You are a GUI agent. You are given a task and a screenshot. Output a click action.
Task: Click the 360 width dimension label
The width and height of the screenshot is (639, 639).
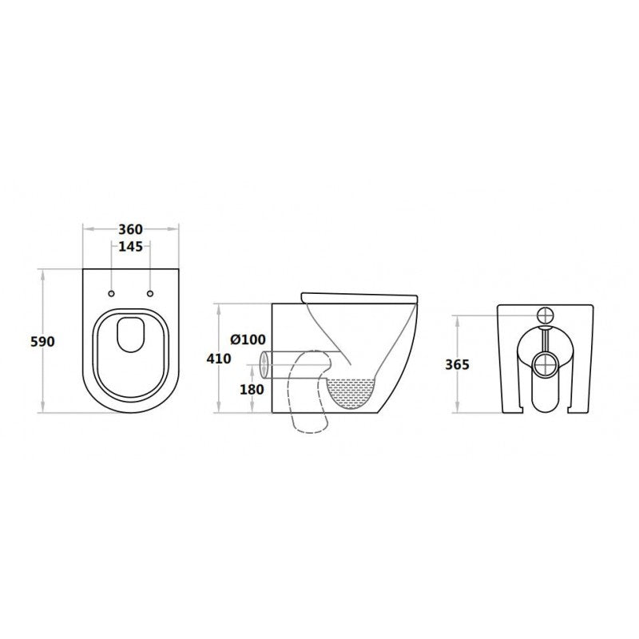coord(131,228)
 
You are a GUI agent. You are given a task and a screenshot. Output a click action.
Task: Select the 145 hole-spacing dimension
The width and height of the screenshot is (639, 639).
coord(130,247)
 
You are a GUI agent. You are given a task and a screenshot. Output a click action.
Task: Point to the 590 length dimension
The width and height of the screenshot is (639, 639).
coord(42,341)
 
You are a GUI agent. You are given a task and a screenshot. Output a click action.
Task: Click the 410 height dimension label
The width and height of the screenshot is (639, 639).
coord(218,359)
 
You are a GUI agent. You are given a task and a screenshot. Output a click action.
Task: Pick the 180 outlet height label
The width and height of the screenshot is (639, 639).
coord(251,389)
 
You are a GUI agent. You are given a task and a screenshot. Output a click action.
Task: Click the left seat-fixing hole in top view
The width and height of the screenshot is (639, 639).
coord(111,292)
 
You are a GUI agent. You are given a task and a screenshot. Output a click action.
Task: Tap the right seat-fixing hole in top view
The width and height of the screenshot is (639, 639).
coord(149,292)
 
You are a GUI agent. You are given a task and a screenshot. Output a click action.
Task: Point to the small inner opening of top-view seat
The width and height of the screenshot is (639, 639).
coord(130,336)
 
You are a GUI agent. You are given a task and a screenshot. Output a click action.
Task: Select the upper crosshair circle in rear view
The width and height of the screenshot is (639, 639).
coord(545,313)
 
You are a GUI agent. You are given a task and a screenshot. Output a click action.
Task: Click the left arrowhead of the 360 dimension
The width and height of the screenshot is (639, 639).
coord(85,228)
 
